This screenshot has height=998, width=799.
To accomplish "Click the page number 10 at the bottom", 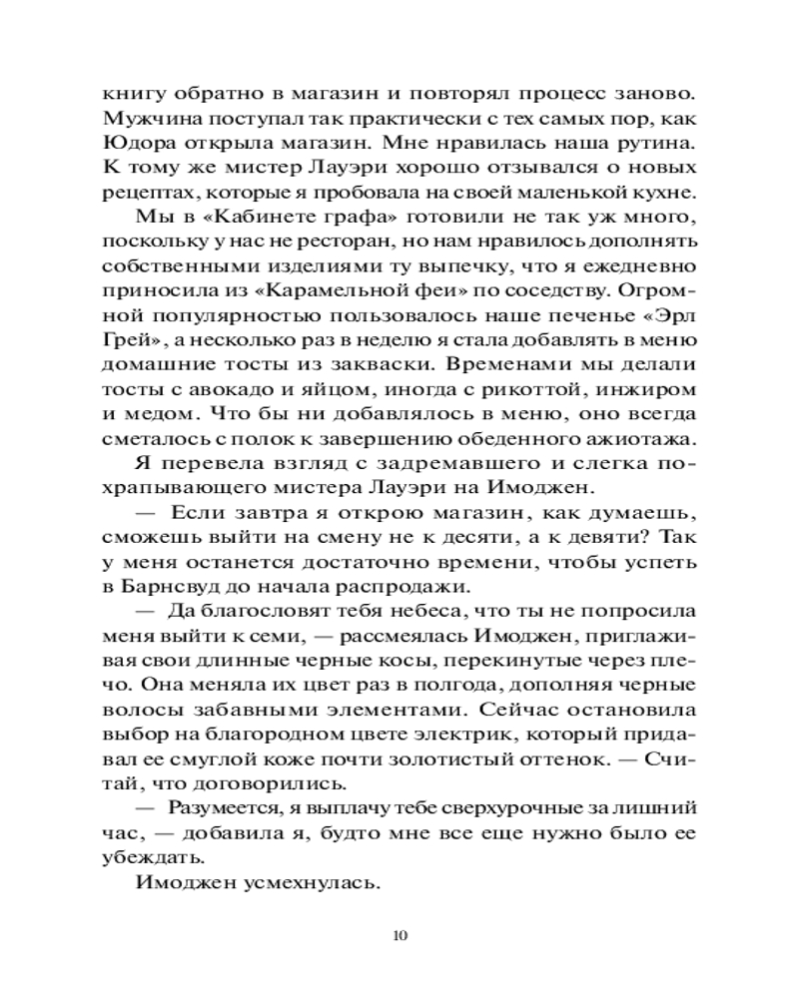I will [x=399, y=936].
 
